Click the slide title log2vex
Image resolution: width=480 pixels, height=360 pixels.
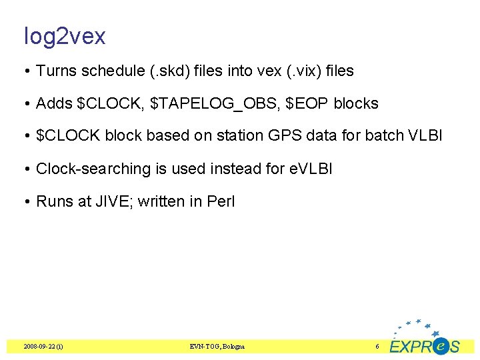[x=65, y=36]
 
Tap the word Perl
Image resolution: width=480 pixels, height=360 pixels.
[x=220, y=201]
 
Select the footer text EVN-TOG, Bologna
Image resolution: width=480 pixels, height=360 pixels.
[x=217, y=347]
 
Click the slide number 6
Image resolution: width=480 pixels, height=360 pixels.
[x=377, y=347]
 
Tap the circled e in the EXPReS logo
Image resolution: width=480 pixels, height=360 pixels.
[x=439, y=346]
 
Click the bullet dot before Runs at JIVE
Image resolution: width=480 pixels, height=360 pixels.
[x=27, y=201]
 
